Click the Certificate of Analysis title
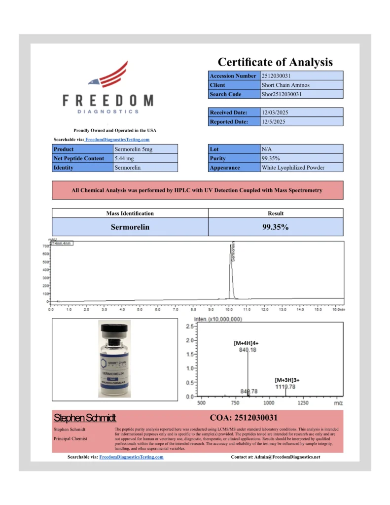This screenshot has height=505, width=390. point(275,62)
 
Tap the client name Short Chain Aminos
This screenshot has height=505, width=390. point(285,85)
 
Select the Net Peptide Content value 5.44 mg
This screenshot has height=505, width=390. point(124,158)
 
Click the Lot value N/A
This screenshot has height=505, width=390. point(267,149)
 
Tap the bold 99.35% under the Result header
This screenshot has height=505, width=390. point(275,227)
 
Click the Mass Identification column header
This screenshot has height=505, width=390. point(130,214)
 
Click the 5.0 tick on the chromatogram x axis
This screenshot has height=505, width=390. point(140,310)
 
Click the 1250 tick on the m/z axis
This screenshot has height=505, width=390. point(304,403)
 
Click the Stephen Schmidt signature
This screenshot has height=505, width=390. point(85,418)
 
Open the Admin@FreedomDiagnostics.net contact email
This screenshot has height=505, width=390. point(287,457)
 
